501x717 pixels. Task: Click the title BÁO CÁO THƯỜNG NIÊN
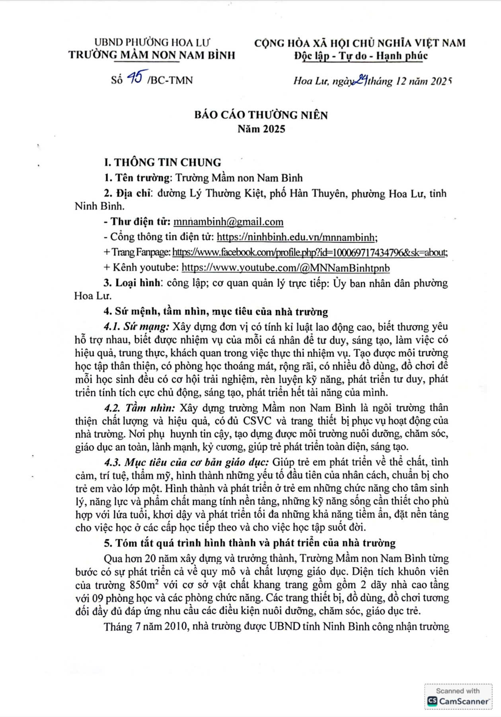(261, 115)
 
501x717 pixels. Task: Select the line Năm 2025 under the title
(261, 129)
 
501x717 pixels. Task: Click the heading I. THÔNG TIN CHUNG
(162, 163)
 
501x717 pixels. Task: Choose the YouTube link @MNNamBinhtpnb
(286, 267)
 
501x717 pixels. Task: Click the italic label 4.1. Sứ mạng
(136, 327)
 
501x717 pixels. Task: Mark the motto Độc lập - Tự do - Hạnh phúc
(361, 56)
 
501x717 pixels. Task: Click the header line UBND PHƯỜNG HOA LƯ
(152, 42)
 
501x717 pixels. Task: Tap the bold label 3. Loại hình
(132, 283)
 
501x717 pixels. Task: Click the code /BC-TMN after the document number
(170, 80)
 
